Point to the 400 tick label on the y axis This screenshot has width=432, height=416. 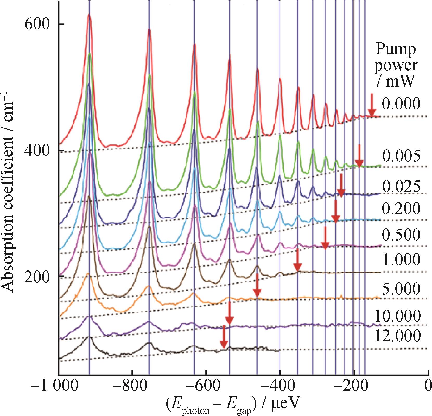click(37, 151)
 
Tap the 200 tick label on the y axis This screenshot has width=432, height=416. click(37, 276)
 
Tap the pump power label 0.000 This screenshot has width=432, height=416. click(401, 103)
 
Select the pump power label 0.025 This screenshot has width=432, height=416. click(401, 186)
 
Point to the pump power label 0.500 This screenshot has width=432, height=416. click(401, 235)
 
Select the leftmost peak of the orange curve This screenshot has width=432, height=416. click(88, 274)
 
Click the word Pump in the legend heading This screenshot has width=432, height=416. click(395, 49)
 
